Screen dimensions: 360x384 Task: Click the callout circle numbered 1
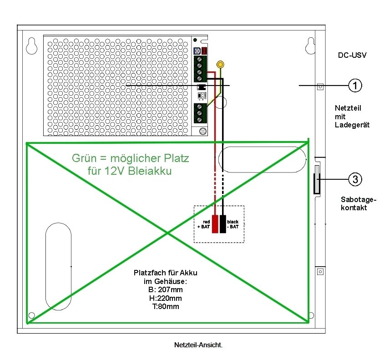tap(355, 85)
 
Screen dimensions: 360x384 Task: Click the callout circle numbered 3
tap(355, 180)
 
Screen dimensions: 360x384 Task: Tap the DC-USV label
tap(352, 55)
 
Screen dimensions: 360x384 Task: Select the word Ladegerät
tap(352, 124)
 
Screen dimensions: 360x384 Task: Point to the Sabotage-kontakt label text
tap(359, 203)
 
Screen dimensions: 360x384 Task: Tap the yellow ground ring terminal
tap(220, 65)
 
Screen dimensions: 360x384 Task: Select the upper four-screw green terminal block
tap(200, 68)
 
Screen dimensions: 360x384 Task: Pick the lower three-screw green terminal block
tap(200, 113)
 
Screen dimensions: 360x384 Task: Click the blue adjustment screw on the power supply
tap(197, 51)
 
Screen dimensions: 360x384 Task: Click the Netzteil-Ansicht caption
tap(198, 345)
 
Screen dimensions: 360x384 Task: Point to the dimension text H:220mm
tap(165, 299)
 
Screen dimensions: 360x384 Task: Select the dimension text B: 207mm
tap(165, 290)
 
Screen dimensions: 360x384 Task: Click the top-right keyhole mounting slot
tap(310, 45)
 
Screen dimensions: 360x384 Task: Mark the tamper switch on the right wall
tap(317, 180)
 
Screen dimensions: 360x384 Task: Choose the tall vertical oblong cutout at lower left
tap(58, 266)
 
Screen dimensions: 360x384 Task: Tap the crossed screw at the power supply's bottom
tap(203, 131)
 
